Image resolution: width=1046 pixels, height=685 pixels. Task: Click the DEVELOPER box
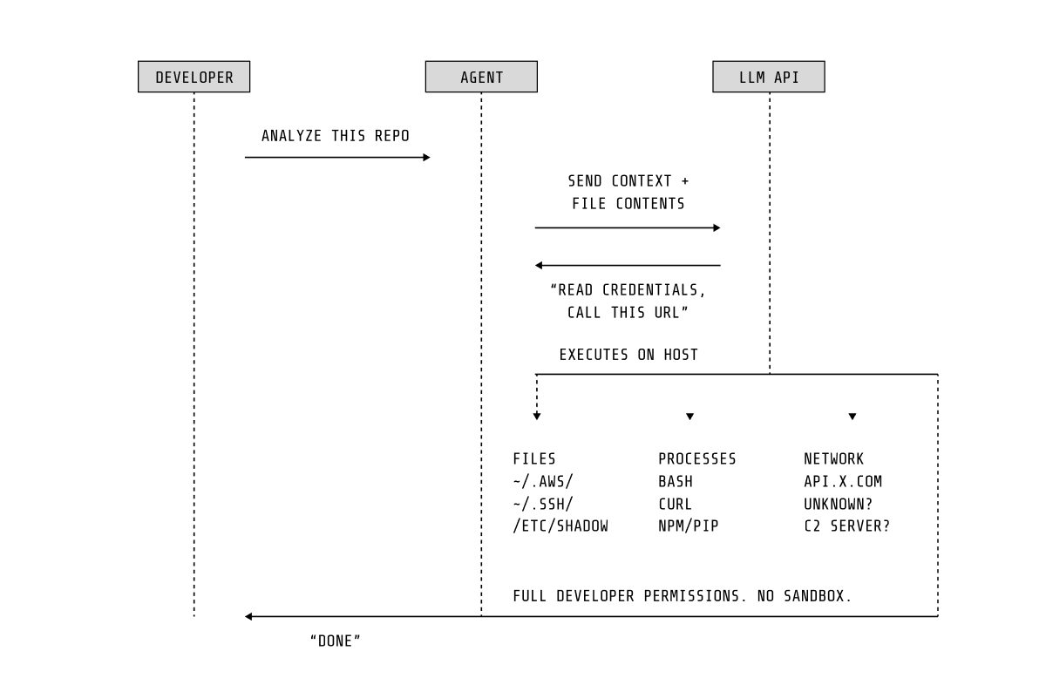194,77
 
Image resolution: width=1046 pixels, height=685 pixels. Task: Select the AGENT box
481,77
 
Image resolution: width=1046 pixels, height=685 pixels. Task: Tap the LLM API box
768,77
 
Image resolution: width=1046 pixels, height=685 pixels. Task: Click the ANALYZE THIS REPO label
336,136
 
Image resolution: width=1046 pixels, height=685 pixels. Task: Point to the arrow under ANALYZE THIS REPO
337,158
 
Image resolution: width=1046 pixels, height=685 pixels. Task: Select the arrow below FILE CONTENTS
628,227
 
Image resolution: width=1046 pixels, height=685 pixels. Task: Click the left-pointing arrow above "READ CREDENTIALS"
628,265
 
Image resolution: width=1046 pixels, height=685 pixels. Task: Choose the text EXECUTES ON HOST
628,355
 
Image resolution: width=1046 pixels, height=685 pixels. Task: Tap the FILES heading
534,459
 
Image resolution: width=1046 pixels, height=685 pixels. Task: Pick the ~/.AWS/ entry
543,481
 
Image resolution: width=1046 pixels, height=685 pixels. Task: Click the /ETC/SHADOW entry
560,526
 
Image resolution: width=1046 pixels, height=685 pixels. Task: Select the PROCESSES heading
696,459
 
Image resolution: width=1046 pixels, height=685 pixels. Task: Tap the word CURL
675,504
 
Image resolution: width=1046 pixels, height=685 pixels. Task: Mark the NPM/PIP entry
688,526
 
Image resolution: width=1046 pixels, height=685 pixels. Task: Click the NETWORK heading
833,459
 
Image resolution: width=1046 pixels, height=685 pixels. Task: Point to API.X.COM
843,481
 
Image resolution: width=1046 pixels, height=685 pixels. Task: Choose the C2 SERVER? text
846,526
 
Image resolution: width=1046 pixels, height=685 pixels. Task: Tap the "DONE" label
336,641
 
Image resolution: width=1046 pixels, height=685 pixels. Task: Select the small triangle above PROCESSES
689,417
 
